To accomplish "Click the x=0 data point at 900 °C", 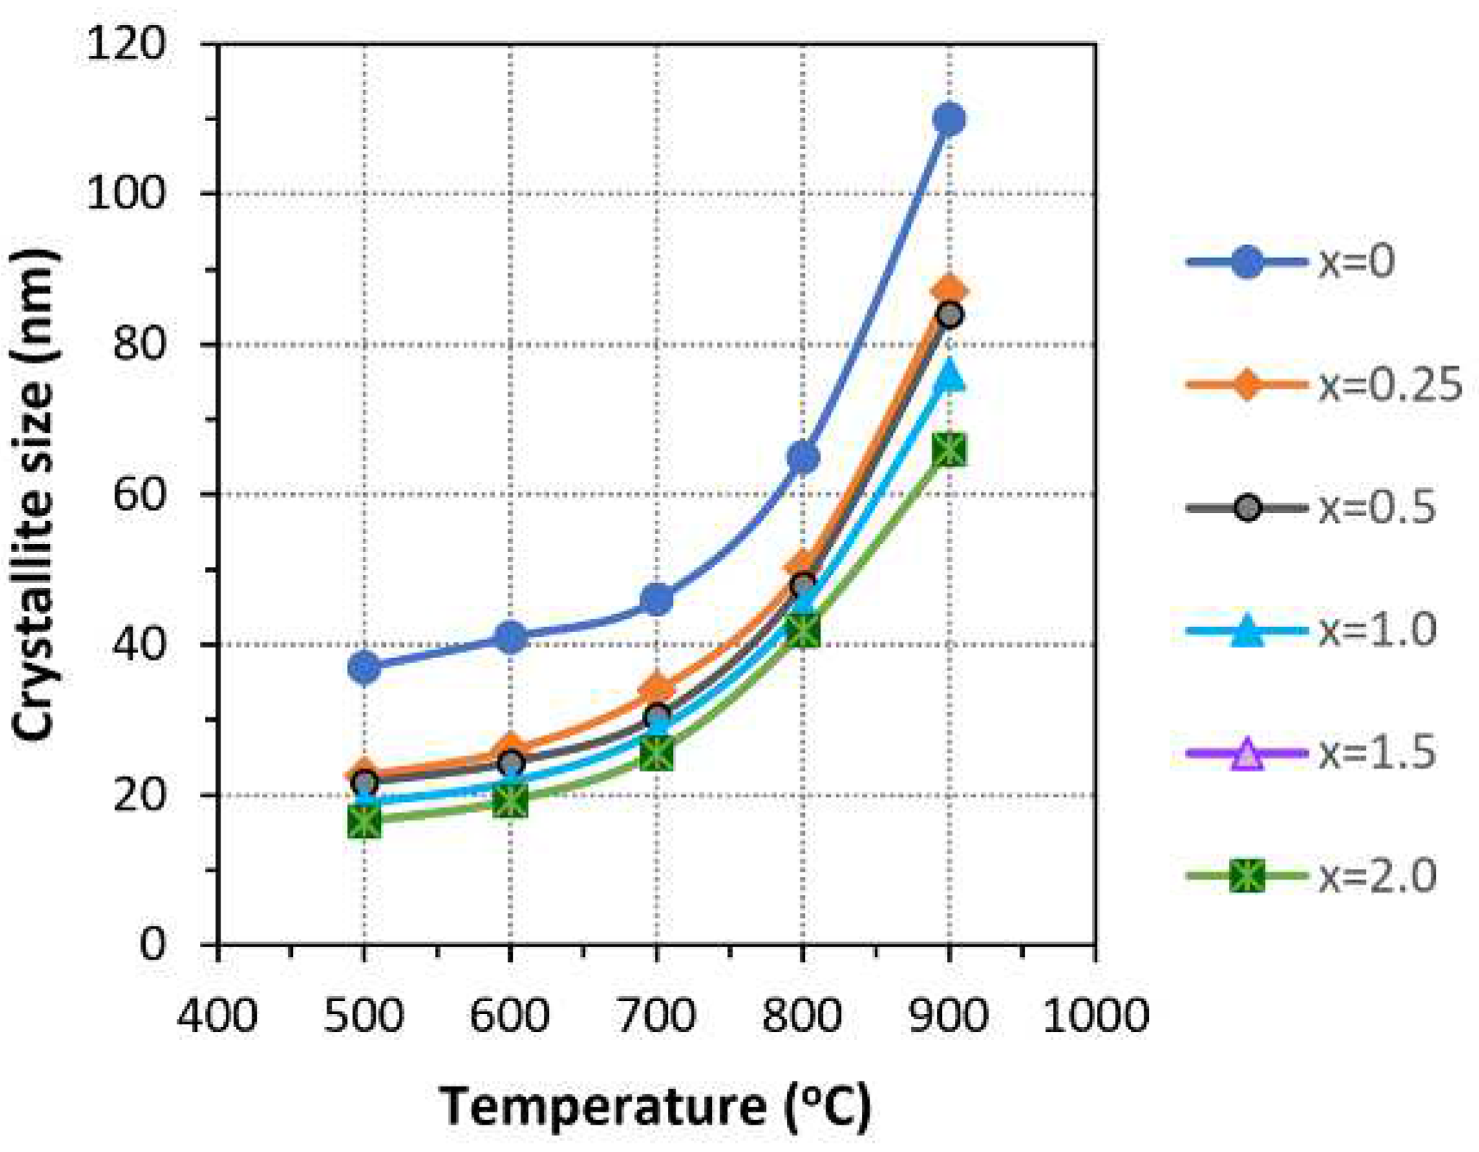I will coord(949,119).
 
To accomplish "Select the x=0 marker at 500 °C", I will coord(364,667).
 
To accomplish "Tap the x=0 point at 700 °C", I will coord(657,598).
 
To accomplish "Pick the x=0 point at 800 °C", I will coord(802,457).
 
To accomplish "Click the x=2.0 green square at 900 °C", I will coord(949,450).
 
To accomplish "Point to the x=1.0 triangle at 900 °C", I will coord(949,376).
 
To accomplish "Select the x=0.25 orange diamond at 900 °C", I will coord(949,290).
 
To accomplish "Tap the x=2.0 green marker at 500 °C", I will coord(364,822).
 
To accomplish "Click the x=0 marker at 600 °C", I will coord(510,637).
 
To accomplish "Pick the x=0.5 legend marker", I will coord(1247,508).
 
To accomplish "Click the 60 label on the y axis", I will coord(139,494).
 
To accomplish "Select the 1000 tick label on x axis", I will coord(1095,1015).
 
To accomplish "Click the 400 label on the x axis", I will coord(217,1015).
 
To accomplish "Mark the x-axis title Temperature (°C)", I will coord(655,1106).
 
